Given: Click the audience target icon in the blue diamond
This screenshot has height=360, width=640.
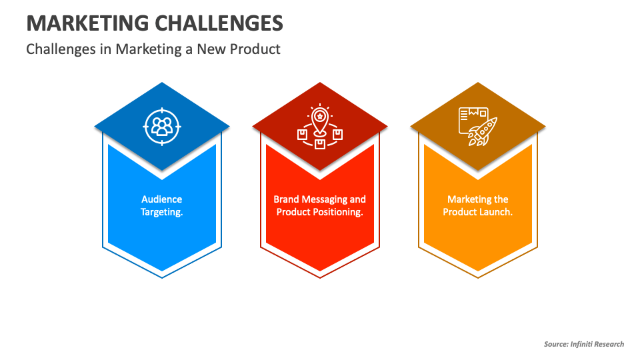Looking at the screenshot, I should [161, 125].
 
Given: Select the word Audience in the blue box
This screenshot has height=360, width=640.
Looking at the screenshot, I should [161, 199].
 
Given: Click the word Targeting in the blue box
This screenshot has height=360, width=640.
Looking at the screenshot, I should [161, 212].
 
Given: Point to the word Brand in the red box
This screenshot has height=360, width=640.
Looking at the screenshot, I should [287, 199].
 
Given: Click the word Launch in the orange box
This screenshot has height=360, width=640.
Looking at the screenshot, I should [496, 212].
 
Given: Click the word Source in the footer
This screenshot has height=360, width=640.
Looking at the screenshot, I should [556, 344].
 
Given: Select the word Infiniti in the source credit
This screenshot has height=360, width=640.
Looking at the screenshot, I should [583, 344].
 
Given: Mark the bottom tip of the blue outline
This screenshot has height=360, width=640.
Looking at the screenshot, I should [162, 277].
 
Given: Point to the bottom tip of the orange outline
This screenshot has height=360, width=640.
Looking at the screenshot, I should [478, 277].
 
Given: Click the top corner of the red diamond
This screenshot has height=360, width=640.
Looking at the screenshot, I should [320, 83].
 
